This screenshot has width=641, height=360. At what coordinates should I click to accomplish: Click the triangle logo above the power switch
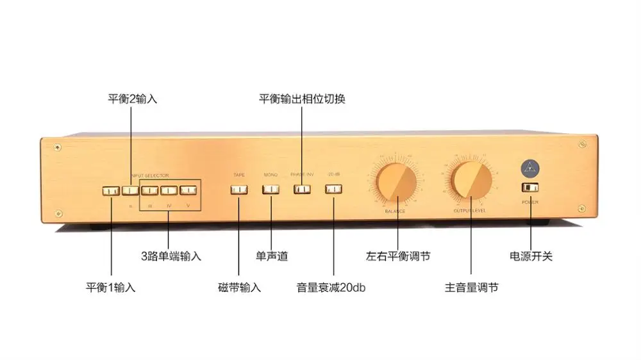point(530,167)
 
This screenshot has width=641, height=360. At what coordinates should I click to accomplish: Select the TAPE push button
point(239,190)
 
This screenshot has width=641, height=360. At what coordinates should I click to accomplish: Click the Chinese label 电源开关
point(531,256)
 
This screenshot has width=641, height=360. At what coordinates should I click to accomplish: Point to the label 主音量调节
point(471,288)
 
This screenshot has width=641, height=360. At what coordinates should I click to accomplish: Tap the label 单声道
point(272,256)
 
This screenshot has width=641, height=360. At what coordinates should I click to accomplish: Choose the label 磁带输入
point(239,288)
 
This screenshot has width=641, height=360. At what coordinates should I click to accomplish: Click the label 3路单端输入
point(171,256)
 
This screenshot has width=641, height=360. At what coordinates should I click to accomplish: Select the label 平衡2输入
point(132,99)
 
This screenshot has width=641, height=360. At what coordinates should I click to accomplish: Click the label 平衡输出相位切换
point(302,99)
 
